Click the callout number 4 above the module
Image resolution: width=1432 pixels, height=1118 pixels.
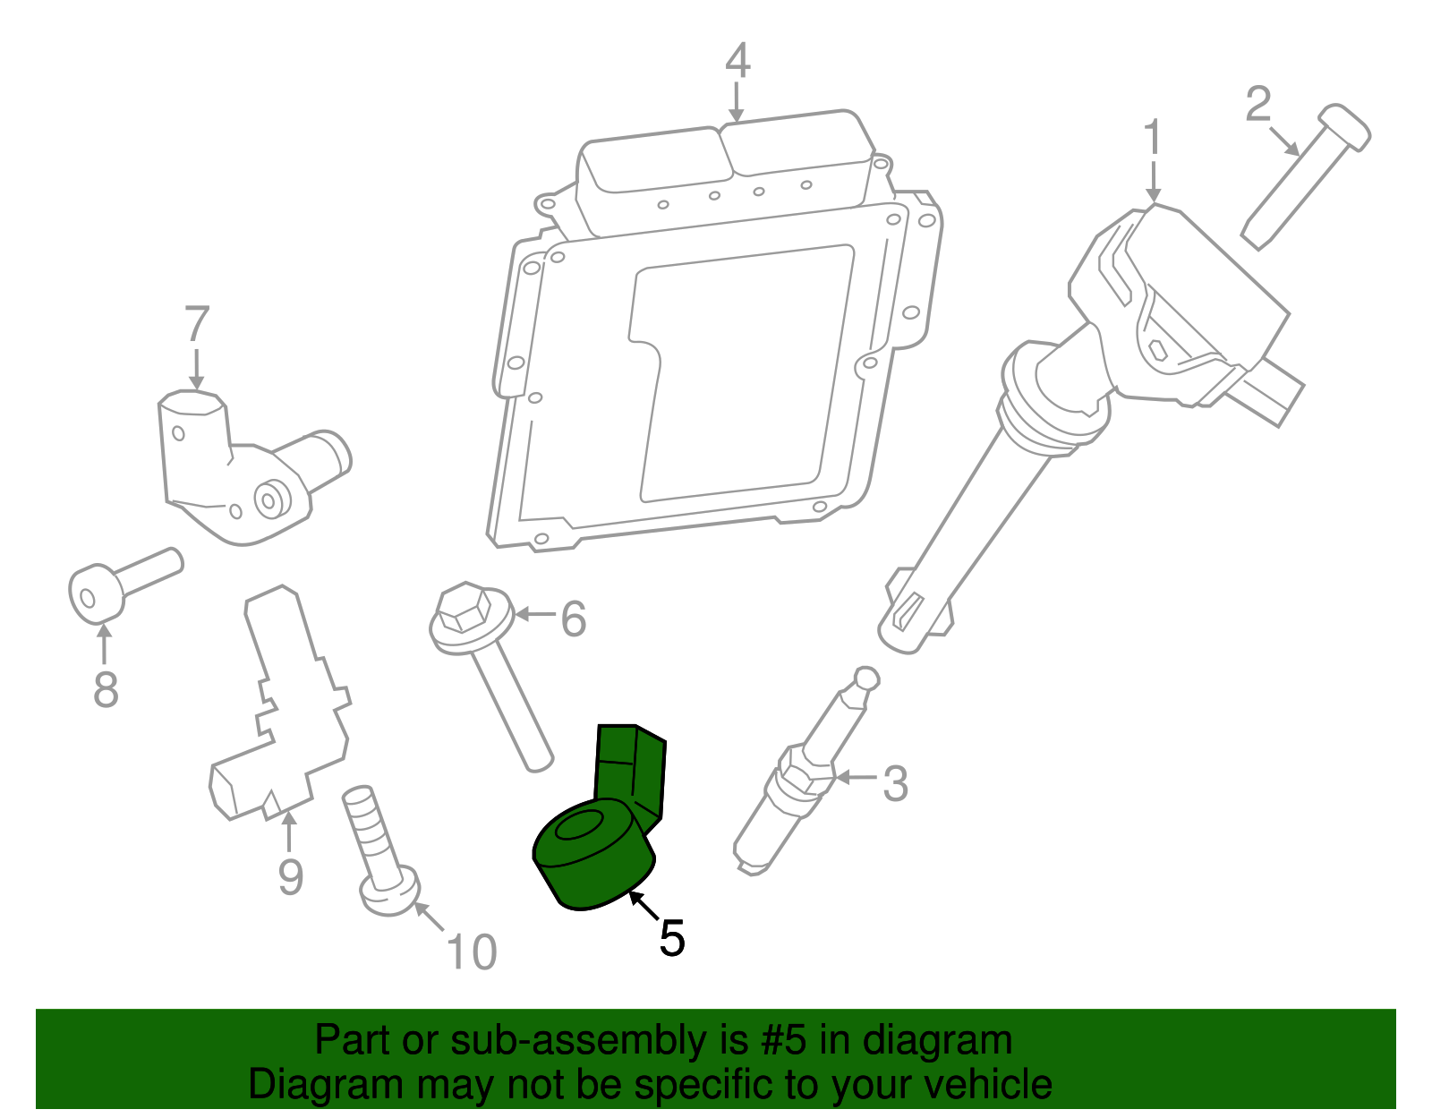click(x=737, y=60)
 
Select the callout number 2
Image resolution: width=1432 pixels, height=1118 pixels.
click(x=1257, y=105)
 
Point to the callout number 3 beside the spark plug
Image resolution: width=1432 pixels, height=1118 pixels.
click(x=895, y=783)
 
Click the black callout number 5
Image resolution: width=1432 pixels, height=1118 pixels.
click(x=671, y=938)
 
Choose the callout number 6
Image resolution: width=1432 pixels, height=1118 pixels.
click(x=573, y=619)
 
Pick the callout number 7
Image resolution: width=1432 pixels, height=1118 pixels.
click(x=197, y=324)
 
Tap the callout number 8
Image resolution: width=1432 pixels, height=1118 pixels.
click(x=106, y=689)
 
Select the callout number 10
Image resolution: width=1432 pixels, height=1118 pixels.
click(x=471, y=952)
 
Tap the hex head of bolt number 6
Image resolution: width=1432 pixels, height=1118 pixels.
click(x=462, y=610)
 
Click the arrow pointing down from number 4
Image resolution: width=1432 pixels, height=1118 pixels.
click(x=737, y=102)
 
